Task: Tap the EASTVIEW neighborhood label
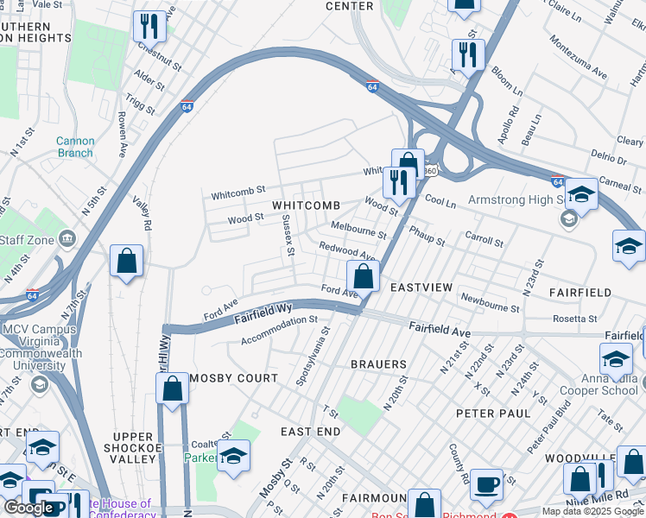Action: (x=421, y=287)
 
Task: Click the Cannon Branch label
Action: (x=75, y=147)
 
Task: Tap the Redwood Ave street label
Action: (x=346, y=251)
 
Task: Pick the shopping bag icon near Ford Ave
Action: (x=364, y=277)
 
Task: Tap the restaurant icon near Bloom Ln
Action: (x=468, y=55)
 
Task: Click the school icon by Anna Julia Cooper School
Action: (x=617, y=358)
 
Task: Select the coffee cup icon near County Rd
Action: (x=487, y=483)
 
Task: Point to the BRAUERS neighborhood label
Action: (x=378, y=364)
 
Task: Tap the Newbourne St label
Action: (x=490, y=303)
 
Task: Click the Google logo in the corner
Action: (x=28, y=508)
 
